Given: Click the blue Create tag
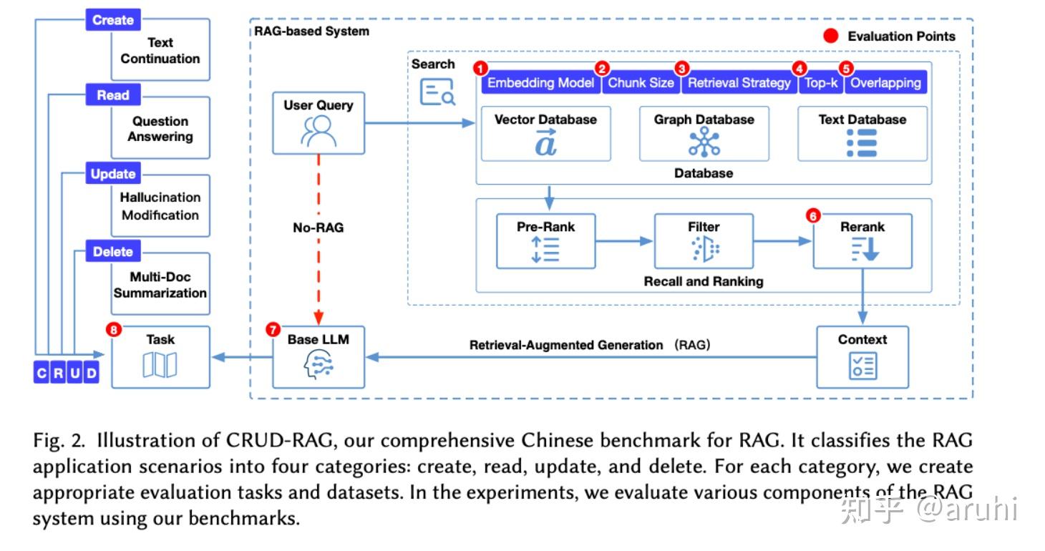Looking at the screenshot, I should (x=112, y=20).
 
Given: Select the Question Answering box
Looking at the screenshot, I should (x=160, y=129).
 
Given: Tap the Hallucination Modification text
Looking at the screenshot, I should (x=160, y=206).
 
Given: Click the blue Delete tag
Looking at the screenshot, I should (x=112, y=251).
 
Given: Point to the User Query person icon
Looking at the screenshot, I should (x=319, y=131).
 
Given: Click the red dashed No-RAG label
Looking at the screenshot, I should (x=319, y=228).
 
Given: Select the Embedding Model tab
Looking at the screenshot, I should (x=540, y=83).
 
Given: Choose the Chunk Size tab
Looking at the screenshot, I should (x=641, y=83).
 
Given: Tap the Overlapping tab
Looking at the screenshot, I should (x=885, y=83).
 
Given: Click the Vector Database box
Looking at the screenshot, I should (x=545, y=134).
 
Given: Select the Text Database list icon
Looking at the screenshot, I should (x=862, y=143).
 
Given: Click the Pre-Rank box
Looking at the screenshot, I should (x=545, y=241).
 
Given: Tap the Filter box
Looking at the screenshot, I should (x=704, y=241).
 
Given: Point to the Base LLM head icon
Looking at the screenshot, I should (x=319, y=366).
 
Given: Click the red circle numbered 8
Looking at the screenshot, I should (x=112, y=329).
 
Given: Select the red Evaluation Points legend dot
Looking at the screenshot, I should (x=830, y=36).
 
